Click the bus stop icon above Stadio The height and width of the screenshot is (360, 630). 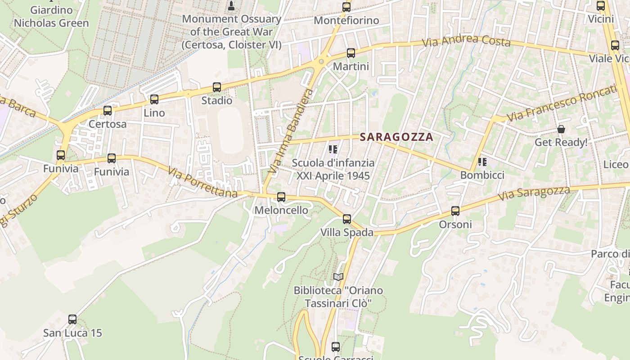coord(217,87)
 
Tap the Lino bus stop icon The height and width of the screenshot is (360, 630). coord(154,99)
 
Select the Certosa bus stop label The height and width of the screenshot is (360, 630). coord(108,124)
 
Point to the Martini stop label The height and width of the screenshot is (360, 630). coord(351,67)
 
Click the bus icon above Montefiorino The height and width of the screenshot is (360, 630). coord(346,7)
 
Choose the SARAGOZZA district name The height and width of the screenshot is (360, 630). coord(396,137)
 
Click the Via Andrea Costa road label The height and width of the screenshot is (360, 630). coord(466,41)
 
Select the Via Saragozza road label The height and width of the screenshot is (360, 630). coord(534,194)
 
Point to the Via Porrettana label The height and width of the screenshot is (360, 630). coord(202,182)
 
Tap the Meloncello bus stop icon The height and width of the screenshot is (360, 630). coord(281,197)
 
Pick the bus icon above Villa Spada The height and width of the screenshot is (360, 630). coord(346,219)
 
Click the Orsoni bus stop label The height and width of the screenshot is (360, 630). coord(455,224)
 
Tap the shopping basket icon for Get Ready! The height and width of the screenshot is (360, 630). coord(561,130)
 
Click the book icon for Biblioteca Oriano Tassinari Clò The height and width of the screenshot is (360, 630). coord(338,277)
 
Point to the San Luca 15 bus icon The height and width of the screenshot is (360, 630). coord(72,319)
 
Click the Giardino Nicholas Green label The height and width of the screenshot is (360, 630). coord(51,16)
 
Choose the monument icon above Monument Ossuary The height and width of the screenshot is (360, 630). coord(232,6)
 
